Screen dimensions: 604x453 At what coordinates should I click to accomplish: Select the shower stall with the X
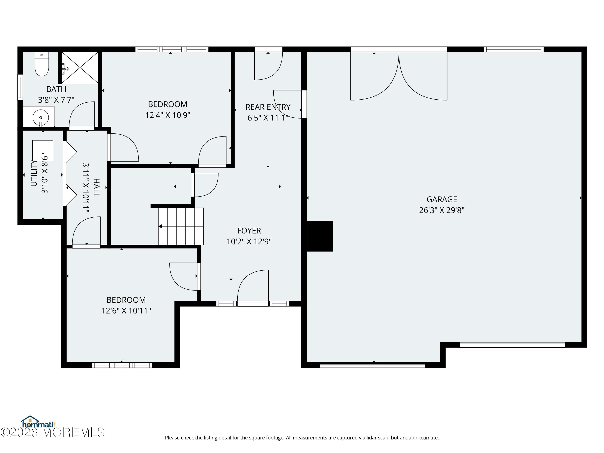point(80,67)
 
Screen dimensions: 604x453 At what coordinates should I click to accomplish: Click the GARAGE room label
point(442,199)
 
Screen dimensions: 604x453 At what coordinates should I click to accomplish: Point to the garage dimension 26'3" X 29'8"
point(442,210)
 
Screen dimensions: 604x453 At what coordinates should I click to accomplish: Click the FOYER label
point(249,231)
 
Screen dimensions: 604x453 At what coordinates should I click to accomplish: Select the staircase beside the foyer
point(181,226)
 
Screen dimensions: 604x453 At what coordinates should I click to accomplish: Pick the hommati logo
point(38,423)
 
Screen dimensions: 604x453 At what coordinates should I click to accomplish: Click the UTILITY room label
point(34,173)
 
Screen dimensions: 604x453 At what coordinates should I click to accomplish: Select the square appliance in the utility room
point(43,150)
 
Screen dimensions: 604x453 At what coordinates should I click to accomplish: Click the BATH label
point(56,89)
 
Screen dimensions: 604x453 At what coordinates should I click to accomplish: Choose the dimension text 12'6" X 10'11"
point(126,311)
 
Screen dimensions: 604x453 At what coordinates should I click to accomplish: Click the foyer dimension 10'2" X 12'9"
point(249,242)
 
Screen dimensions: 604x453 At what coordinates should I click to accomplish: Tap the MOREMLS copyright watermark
point(52,432)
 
